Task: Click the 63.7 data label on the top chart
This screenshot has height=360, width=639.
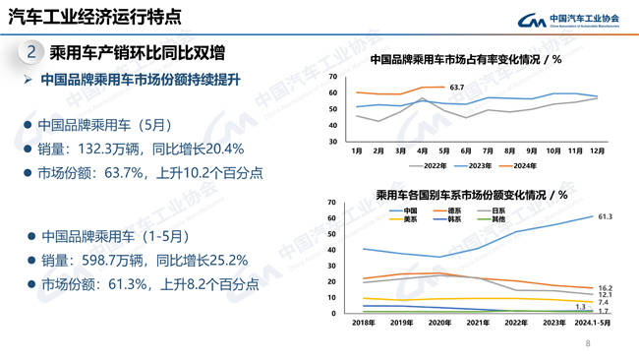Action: pos(456,88)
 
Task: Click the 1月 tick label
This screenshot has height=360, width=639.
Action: pos(356,151)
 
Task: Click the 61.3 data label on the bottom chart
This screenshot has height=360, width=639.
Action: pos(606,216)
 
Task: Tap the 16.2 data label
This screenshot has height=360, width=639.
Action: pos(606,288)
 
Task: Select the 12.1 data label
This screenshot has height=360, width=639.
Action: pos(606,295)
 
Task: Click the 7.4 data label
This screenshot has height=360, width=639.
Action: pos(604,303)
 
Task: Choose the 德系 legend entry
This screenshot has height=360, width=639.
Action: pos(455,210)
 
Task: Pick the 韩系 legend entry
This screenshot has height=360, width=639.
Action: pos(455,218)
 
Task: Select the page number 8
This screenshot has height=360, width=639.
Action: pos(588,344)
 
